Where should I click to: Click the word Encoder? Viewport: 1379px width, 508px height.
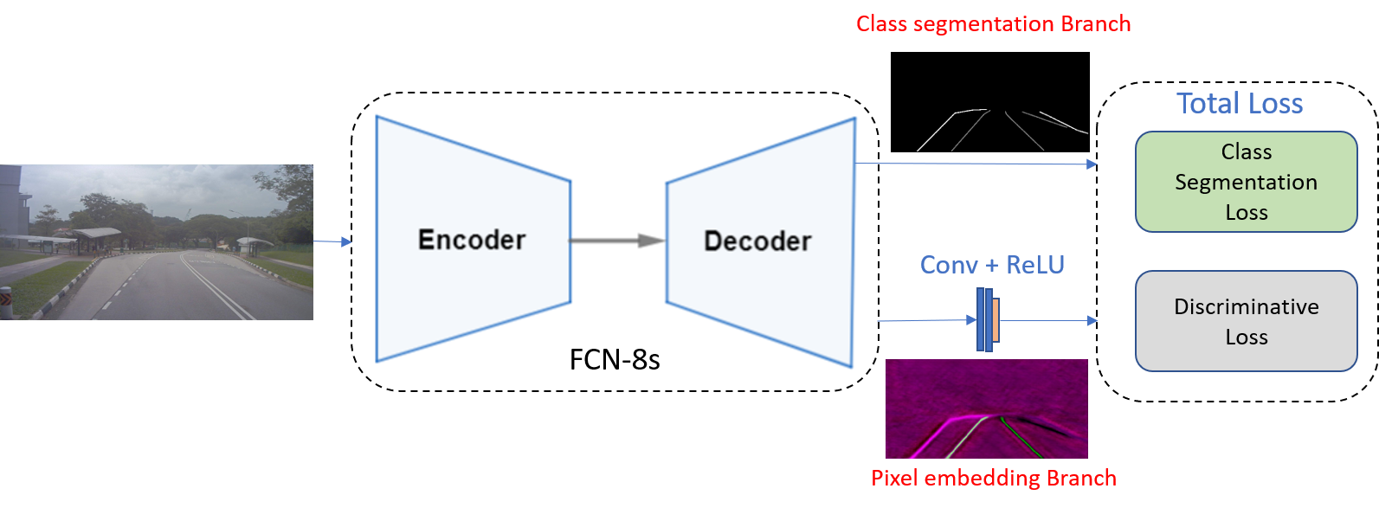click(x=472, y=240)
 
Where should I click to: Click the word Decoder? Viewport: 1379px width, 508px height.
click(x=757, y=241)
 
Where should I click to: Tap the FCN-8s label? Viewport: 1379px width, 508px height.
click(x=615, y=359)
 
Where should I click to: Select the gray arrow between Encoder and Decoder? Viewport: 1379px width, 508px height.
click(x=616, y=241)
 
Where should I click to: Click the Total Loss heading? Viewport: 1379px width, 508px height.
click(x=1240, y=104)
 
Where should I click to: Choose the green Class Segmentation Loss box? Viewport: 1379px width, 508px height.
click(x=1246, y=182)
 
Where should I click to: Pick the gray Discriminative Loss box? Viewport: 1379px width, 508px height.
click(x=1246, y=321)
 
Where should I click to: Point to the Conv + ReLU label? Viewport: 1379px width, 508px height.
click(x=992, y=265)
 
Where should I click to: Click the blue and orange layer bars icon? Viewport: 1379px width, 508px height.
click(x=988, y=320)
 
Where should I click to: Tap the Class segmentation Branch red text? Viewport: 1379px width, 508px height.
click(x=993, y=24)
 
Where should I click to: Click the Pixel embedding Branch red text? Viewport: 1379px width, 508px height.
click(x=994, y=479)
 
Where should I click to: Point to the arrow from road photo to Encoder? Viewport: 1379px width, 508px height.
click(x=333, y=242)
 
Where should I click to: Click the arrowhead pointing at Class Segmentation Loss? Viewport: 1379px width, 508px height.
click(x=1092, y=164)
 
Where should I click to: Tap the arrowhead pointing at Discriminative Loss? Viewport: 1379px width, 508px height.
click(x=1092, y=321)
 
